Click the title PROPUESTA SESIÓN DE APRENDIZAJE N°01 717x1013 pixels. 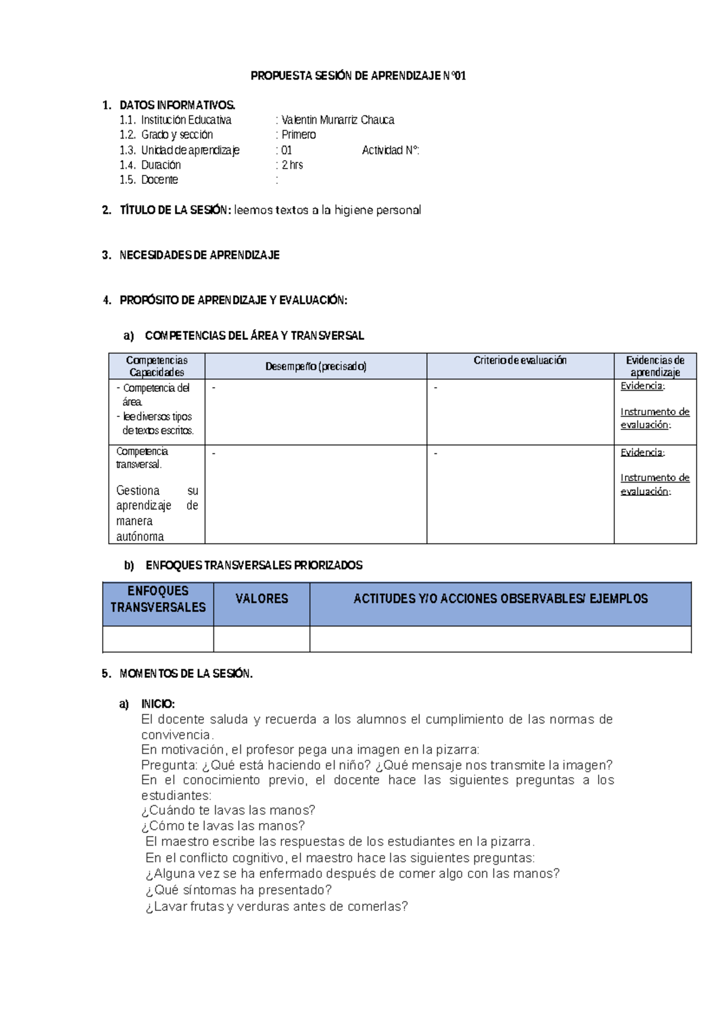pyautogui.click(x=358, y=76)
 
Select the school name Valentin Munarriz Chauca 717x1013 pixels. pyautogui.click(x=338, y=120)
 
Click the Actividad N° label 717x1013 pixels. pyautogui.click(x=390, y=151)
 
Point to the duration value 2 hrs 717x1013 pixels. pyautogui.click(x=292, y=165)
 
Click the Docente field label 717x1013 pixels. pyautogui.click(x=159, y=180)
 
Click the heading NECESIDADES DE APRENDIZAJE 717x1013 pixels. pyautogui.click(x=199, y=255)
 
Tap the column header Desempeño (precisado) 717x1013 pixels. pyautogui.click(x=315, y=366)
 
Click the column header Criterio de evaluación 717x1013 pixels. pyautogui.click(x=520, y=360)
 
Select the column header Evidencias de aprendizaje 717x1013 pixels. pyautogui.click(x=655, y=366)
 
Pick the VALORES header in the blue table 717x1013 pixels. pyautogui.click(x=262, y=598)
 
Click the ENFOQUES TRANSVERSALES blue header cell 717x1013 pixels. pyautogui.click(x=158, y=599)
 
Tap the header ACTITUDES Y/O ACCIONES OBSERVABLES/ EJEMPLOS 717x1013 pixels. pyautogui.click(x=500, y=598)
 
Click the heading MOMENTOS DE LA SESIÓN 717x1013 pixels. pyautogui.click(x=186, y=674)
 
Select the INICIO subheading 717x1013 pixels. pyautogui.click(x=158, y=704)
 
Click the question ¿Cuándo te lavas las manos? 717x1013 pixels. pyautogui.click(x=228, y=811)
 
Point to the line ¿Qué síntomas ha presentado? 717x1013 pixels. pyautogui.click(x=238, y=890)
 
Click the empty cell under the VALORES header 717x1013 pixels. pyautogui.click(x=262, y=639)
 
